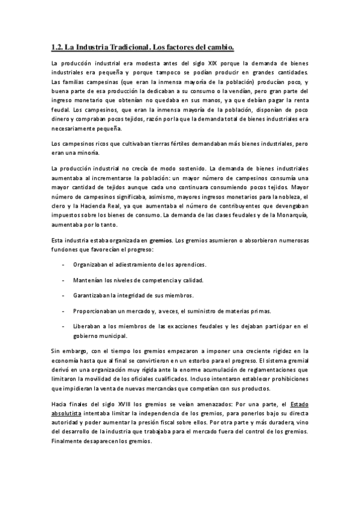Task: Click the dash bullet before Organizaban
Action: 64,264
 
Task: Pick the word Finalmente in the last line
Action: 70,440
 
